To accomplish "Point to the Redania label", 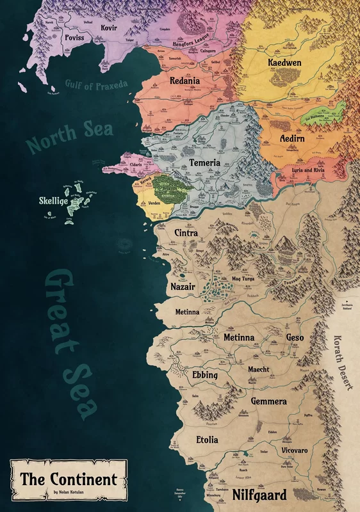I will [x=184, y=81].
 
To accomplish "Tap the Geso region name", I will [x=296, y=337].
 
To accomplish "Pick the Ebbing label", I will [x=205, y=375].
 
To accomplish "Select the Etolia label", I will [x=207, y=440].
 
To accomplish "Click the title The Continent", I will [x=69, y=479].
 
